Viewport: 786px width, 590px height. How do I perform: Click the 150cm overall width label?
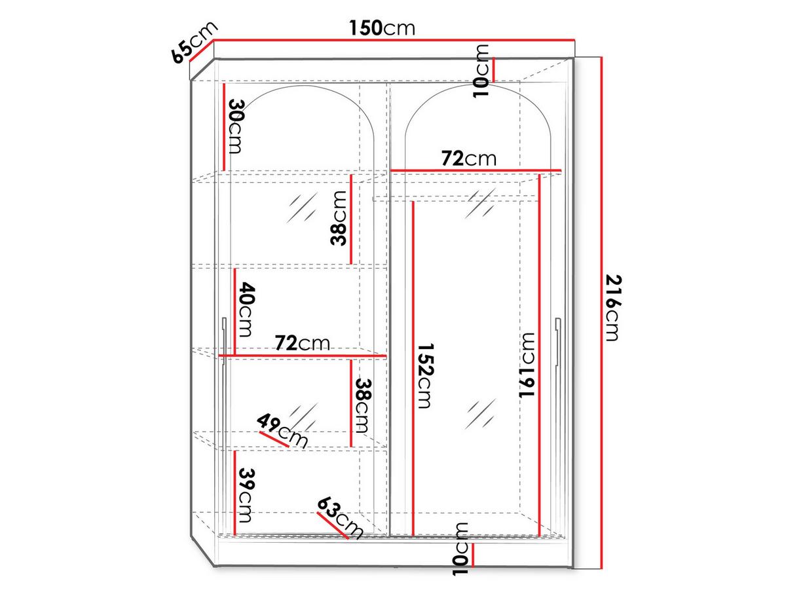tap(382, 28)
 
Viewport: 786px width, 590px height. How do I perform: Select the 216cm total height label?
tap(613, 308)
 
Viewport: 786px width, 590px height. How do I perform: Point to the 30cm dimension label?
tap(235, 126)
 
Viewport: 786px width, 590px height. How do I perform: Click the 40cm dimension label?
tap(246, 309)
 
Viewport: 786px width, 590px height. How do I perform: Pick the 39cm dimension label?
tap(246, 495)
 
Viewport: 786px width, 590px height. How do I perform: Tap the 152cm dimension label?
tap(426, 376)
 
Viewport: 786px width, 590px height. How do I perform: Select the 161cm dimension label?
tap(527, 365)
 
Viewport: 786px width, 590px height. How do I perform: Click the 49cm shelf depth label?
tap(282, 431)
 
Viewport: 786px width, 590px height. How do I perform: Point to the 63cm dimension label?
tap(340, 517)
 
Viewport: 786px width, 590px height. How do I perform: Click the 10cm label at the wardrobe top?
tap(481, 71)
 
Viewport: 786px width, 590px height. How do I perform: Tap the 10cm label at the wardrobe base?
tap(460, 549)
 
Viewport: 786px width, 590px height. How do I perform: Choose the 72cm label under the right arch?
tap(469, 158)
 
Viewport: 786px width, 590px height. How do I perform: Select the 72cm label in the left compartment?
tap(302, 343)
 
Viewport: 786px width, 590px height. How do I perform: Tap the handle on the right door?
tap(558, 342)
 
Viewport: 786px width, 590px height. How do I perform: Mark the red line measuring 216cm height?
tap(602, 312)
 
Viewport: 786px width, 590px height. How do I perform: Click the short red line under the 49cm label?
tap(274, 439)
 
